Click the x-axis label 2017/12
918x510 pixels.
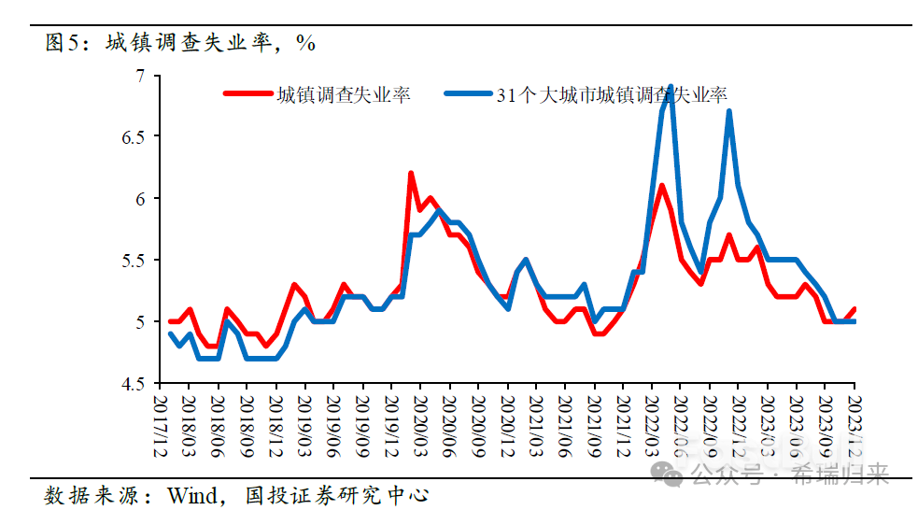[x=161, y=425]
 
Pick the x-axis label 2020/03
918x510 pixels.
[x=421, y=425]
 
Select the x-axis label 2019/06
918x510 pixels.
[x=334, y=425]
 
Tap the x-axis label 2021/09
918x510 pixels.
[x=595, y=425]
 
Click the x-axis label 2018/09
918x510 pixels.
[x=247, y=425]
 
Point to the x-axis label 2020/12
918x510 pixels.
[x=508, y=425]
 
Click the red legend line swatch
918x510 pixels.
[x=246, y=94]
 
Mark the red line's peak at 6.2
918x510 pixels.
[x=411, y=174]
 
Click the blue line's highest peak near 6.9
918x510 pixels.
[x=671, y=87]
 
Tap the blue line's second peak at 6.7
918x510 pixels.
[x=728, y=112]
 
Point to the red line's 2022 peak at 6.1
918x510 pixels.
[x=661, y=186]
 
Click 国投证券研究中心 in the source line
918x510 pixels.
[x=335, y=493]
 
